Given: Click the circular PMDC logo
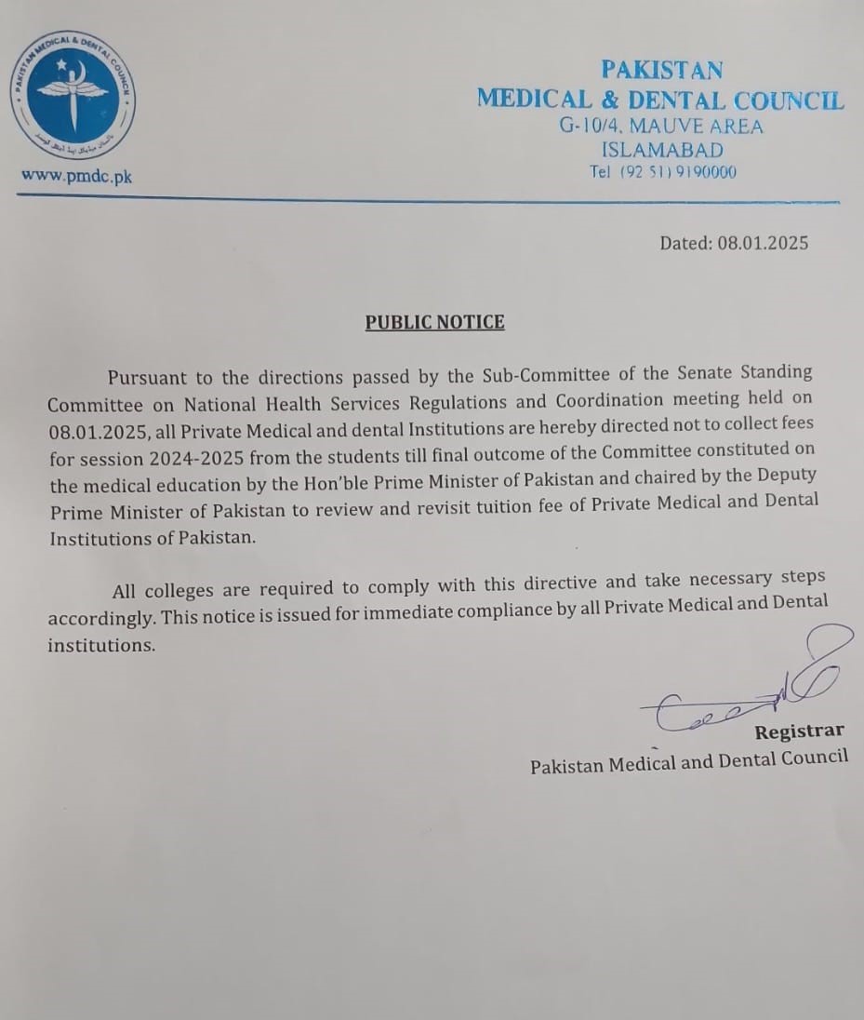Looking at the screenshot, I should [73, 95].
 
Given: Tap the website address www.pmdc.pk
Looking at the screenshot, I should [76, 176].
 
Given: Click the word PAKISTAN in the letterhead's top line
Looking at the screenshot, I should [661, 70].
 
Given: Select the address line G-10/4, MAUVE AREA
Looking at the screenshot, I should [661, 127].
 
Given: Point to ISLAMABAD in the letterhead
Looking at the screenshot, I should [661, 150].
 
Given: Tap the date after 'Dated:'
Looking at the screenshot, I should [763, 243].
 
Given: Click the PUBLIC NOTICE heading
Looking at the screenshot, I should [434, 322].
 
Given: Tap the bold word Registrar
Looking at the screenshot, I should [799, 731].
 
